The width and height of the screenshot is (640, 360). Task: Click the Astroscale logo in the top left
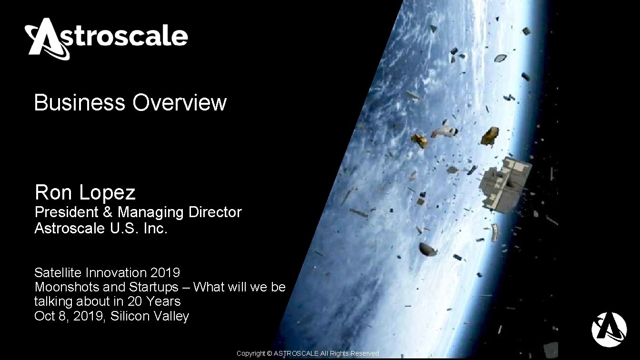[106, 38]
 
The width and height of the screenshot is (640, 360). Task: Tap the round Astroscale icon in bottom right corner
[609, 330]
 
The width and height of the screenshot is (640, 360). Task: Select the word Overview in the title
[180, 103]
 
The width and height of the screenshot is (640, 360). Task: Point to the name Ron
[53, 193]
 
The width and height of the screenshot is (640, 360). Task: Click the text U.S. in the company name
[125, 229]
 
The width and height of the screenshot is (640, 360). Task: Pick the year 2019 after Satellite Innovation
[165, 273]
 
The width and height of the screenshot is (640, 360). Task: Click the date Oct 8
[50, 316]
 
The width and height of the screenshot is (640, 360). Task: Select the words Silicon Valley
[150, 316]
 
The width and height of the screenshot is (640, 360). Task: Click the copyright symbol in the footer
[269, 354]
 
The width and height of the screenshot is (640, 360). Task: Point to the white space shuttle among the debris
[443, 130]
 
